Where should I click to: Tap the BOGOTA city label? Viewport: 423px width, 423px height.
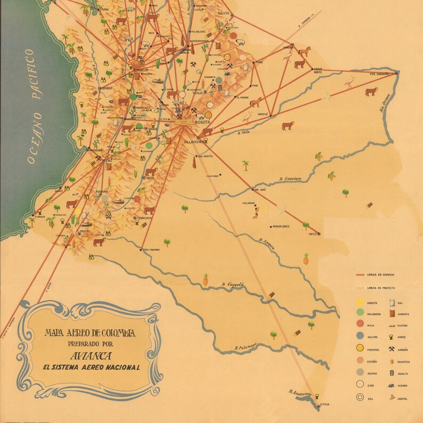[x=203, y=123]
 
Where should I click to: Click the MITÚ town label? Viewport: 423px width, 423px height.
[x=313, y=234]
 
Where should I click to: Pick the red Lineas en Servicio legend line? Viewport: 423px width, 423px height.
[x=361, y=275]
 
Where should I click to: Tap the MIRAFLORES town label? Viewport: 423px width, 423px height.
[x=281, y=227]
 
